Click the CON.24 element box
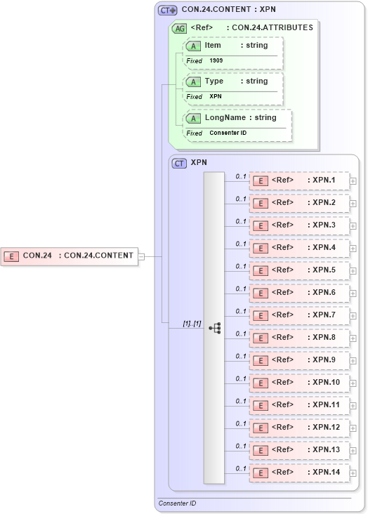[69, 256]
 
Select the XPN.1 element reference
[299, 180]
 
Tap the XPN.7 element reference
[299, 315]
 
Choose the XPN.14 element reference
[299, 473]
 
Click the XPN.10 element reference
[299, 383]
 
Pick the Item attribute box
[233, 46]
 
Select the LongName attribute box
[237, 118]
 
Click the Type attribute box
[233, 81]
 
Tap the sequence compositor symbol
[214, 328]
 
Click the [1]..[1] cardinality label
[192, 324]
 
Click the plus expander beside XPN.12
[353, 428]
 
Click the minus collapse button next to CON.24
[141, 256]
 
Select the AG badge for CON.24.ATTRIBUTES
[179, 28]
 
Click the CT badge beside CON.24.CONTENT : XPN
[167, 11]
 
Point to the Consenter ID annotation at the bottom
[177, 503]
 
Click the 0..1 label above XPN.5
[241, 266]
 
